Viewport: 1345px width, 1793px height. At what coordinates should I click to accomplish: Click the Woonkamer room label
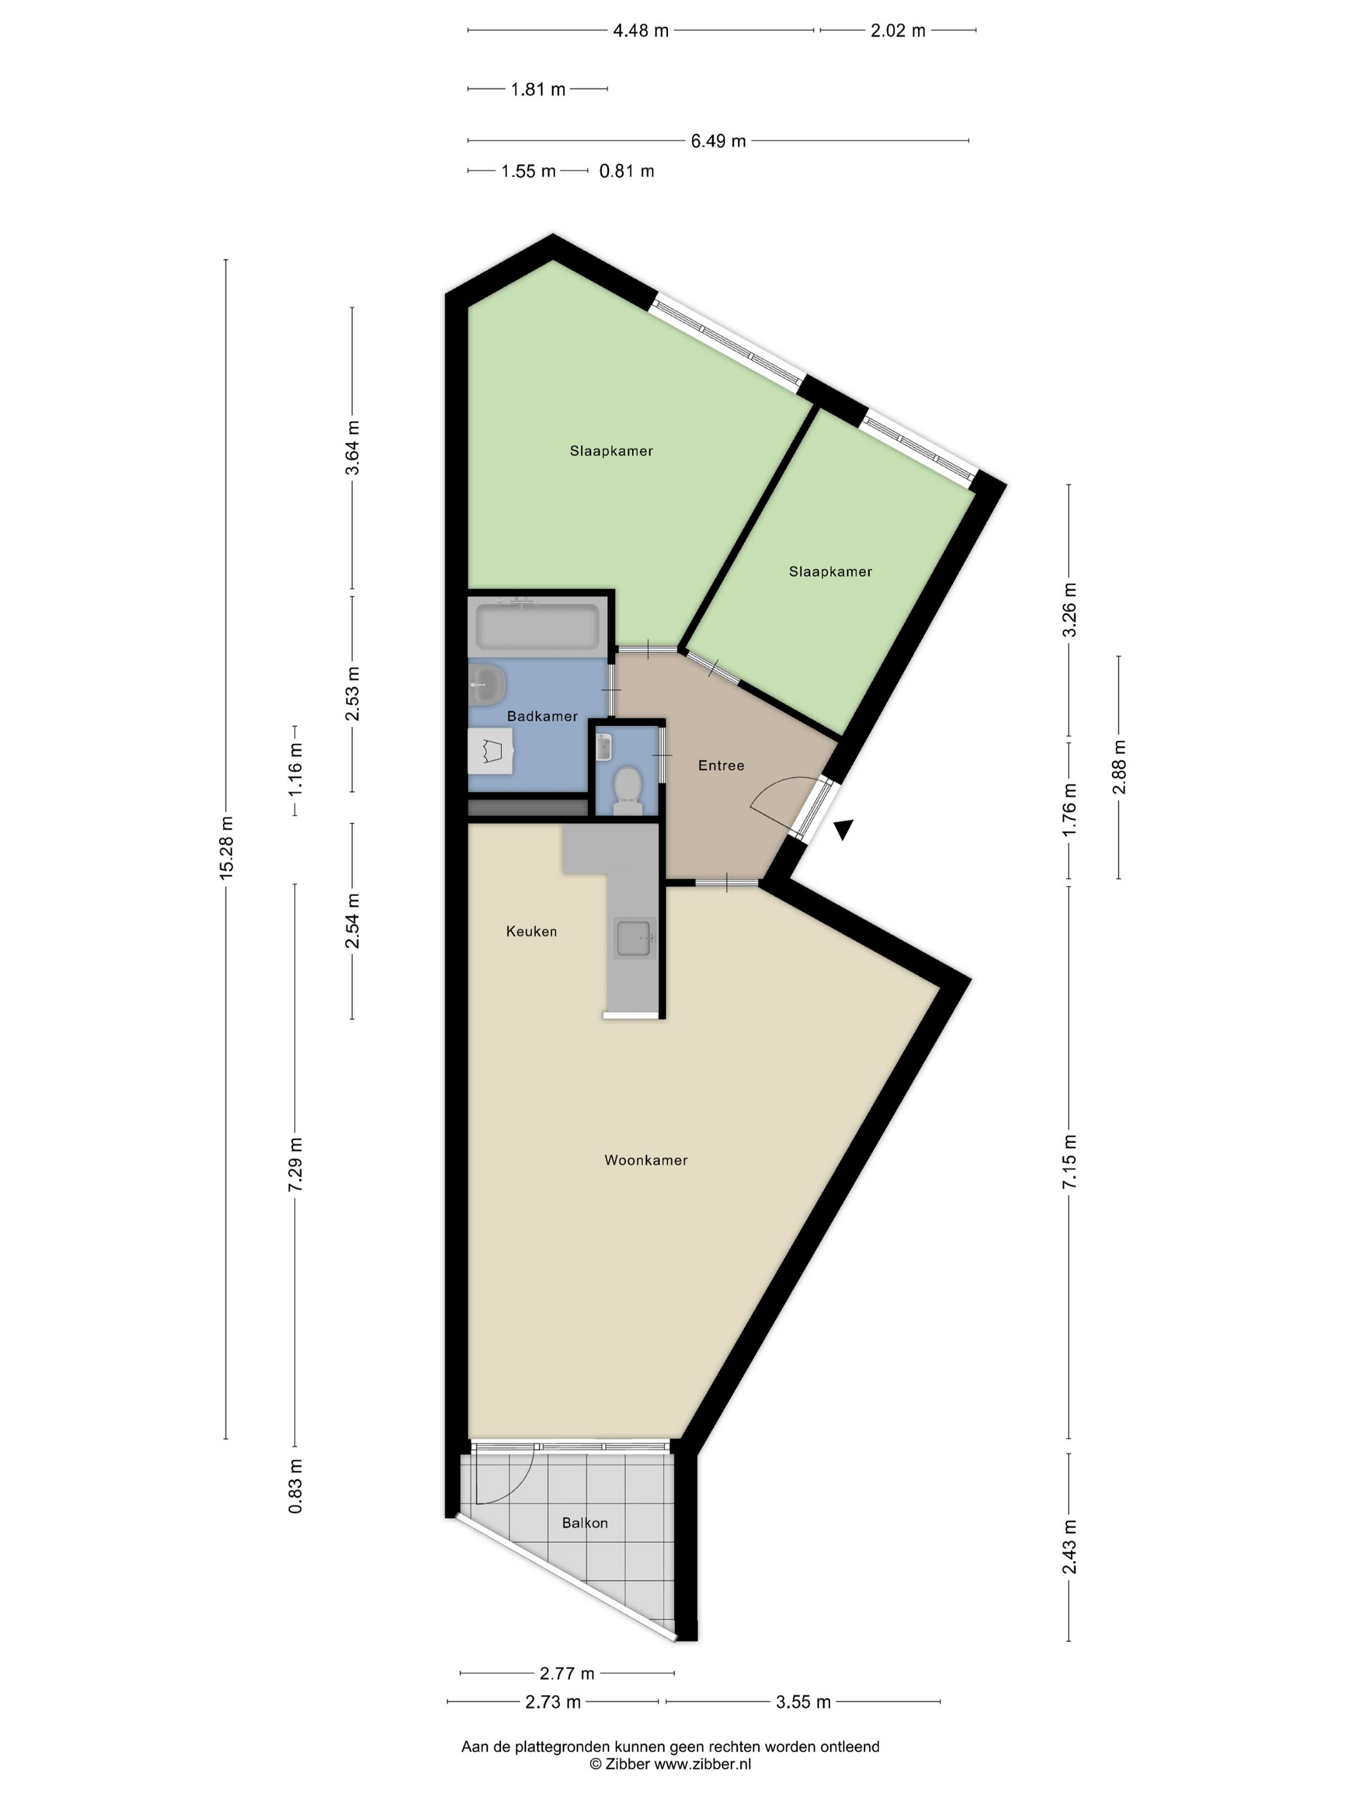point(646,1160)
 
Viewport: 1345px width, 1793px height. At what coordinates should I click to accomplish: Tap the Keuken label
point(531,931)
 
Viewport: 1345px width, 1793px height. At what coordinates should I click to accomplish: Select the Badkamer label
point(542,716)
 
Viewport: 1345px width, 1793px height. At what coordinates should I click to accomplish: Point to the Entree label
point(721,765)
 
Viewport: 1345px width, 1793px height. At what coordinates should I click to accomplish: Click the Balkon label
point(585,1523)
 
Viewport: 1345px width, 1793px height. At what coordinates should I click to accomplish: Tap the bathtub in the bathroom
point(537,626)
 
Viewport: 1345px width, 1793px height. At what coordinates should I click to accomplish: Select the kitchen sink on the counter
point(635,938)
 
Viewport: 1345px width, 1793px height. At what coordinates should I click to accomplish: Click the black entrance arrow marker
point(844,829)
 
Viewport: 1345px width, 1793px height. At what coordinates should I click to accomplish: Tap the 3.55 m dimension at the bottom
point(803,1702)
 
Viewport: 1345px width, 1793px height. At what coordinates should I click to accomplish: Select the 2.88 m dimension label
point(1119,767)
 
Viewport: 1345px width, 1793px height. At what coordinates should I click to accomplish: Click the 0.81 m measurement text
point(626,171)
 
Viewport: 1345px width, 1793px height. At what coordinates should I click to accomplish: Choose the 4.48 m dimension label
point(640,31)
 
